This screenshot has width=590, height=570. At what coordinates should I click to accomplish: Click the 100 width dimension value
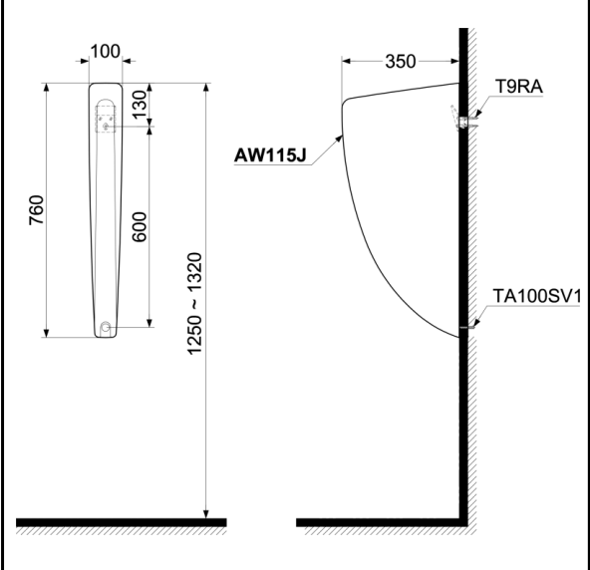tap(106, 51)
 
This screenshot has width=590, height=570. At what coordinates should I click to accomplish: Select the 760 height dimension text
tap(36, 210)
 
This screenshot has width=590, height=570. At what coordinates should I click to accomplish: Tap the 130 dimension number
tap(140, 105)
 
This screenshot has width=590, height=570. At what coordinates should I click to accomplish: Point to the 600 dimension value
tap(140, 227)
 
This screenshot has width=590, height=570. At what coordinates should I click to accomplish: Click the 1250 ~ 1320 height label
tap(195, 304)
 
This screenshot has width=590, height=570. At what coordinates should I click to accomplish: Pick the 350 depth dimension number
tap(401, 62)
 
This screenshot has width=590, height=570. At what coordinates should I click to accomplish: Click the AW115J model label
tap(270, 155)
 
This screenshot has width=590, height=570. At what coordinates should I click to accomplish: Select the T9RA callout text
tap(519, 87)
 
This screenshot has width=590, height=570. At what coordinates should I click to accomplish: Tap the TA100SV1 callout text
tap(537, 296)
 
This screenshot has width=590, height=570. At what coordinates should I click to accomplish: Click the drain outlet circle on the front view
tap(106, 327)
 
